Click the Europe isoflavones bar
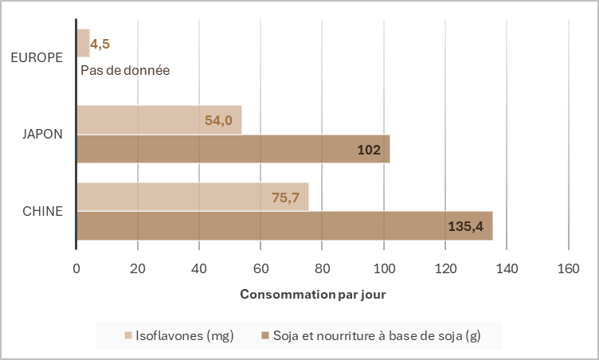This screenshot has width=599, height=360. [x=83, y=43]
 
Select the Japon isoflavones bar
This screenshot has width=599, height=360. [x=159, y=120]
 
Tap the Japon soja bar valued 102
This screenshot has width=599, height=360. [x=233, y=149]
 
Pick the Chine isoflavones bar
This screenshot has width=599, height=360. [x=192, y=197]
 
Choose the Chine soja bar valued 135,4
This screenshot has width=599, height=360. [x=284, y=226]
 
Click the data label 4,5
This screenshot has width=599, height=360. [x=100, y=44]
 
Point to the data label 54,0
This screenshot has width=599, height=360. [x=218, y=120]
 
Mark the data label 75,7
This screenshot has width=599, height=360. [x=285, y=198]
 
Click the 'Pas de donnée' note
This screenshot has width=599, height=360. [x=125, y=70]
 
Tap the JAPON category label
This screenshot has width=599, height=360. [x=42, y=134]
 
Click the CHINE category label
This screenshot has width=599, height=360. [x=42, y=211]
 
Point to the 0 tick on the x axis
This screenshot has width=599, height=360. [x=76, y=268]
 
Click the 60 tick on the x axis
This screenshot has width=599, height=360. [x=260, y=268]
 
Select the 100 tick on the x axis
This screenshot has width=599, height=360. [x=384, y=268]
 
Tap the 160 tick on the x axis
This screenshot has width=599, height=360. [x=568, y=268]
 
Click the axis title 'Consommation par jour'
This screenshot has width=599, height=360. [x=313, y=295]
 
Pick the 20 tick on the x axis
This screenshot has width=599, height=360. [x=138, y=268]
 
